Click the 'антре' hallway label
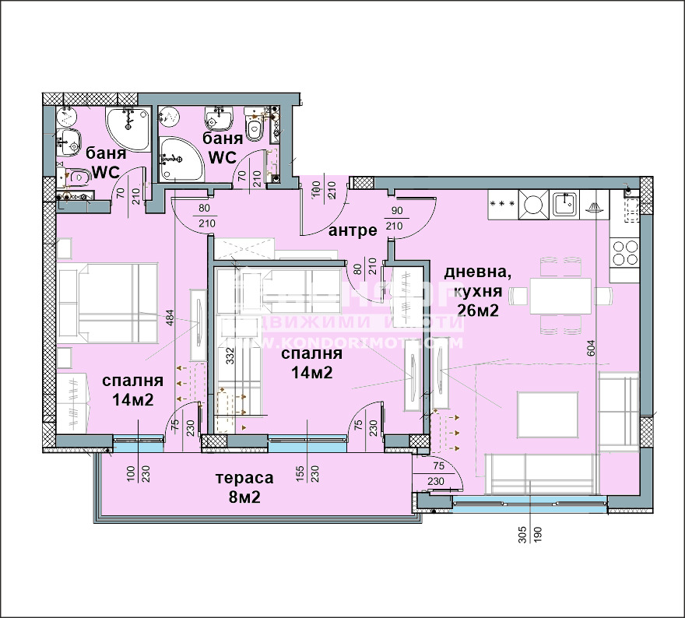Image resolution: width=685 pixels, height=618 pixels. [x=353, y=230]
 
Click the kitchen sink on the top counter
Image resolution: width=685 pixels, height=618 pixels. [x=566, y=205]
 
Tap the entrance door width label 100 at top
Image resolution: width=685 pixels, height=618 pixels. [x=316, y=188]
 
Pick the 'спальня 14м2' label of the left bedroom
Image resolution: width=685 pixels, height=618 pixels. [x=132, y=390]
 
